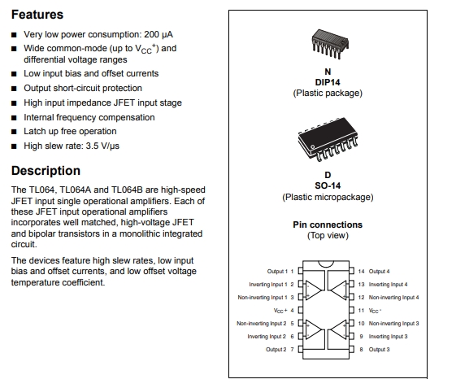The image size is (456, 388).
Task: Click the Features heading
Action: click(x=37, y=15)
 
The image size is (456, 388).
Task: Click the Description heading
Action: click(x=46, y=171)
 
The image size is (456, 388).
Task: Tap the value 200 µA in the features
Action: click(x=159, y=34)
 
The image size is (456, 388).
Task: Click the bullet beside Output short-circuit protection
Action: click(x=14, y=89)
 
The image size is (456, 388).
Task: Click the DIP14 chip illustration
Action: click(x=330, y=44)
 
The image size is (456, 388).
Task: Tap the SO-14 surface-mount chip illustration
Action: click(x=328, y=139)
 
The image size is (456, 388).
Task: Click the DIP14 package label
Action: click(x=328, y=82)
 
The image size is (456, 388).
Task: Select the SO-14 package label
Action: click(x=328, y=185)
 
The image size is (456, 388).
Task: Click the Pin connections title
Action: click(x=328, y=225)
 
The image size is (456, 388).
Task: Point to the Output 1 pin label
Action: click(x=277, y=272)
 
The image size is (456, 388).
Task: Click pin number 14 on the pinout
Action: click(x=361, y=272)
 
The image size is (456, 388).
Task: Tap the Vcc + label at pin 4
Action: click(x=280, y=311)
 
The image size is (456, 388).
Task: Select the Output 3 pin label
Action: click(x=380, y=349)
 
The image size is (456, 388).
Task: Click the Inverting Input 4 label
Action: click(x=389, y=285)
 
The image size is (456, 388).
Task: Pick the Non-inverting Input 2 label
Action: click(x=262, y=324)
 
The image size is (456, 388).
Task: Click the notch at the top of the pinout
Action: click(x=326, y=264)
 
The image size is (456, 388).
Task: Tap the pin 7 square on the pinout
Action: click(x=301, y=349)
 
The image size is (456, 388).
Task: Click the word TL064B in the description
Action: click(x=127, y=190)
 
